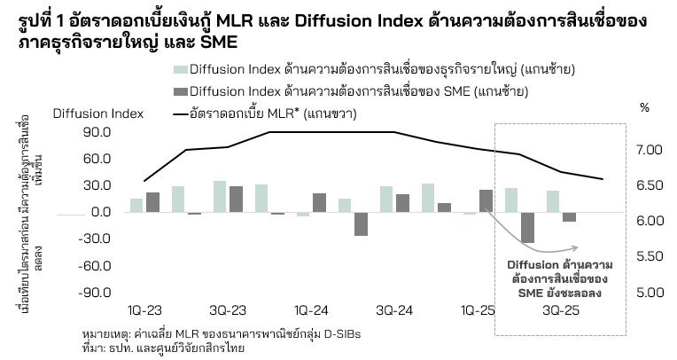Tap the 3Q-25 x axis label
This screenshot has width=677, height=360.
tap(562, 311)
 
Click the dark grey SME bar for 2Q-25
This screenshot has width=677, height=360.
tap(527, 228)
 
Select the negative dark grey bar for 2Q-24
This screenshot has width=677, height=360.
tap(361, 223)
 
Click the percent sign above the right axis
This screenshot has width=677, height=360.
tap(644, 107)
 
